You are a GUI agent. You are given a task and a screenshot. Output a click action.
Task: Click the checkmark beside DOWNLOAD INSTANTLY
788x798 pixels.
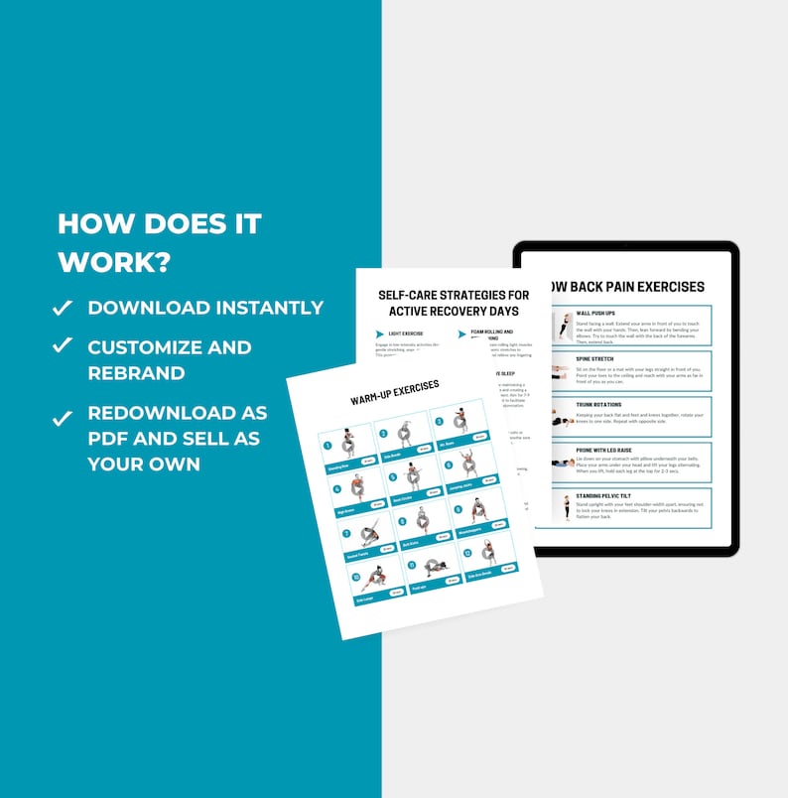click(63, 307)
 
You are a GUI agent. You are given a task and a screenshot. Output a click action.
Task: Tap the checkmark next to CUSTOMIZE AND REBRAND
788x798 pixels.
click(63, 344)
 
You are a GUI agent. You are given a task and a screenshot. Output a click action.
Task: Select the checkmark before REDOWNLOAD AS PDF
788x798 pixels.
click(63, 416)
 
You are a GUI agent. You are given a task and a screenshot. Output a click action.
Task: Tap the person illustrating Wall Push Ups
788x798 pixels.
click(564, 328)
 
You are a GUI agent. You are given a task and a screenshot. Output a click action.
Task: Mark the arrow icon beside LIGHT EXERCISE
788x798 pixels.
click(378, 333)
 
